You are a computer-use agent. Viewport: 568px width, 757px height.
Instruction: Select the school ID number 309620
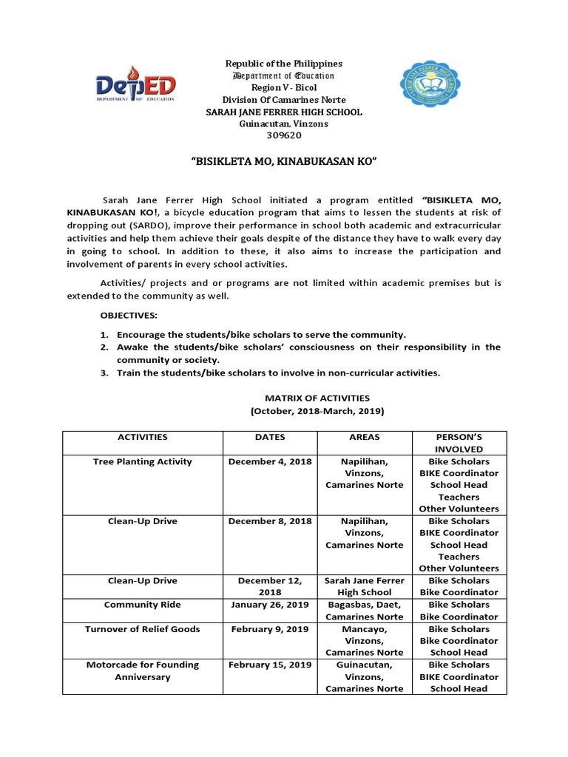pyautogui.click(x=283, y=135)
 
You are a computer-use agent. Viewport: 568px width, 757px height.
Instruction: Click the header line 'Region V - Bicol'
pyautogui.click(x=283, y=88)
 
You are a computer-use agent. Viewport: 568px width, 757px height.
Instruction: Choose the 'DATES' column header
pyautogui.click(x=269, y=437)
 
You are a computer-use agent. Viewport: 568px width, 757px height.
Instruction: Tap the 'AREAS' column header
pyautogui.click(x=364, y=437)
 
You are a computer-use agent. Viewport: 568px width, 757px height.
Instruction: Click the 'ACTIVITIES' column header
pyautogui.click(x=142, y=437)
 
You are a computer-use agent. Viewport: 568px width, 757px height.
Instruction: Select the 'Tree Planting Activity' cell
pyautogui.click(x=142, y=461)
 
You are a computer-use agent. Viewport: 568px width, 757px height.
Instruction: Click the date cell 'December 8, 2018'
pyautogui.click(x=269, y=521)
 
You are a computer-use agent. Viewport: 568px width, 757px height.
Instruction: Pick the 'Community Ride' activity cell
pyautogui.click(x=142, y=605)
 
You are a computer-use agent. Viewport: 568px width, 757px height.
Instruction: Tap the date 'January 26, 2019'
pyautogui.click(x=269, y=605)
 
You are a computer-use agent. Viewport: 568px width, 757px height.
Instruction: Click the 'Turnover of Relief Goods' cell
pyautogui.click(x=142, y=629)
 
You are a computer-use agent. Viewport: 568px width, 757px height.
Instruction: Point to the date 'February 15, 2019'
pyautogui.click(x=269, y=665)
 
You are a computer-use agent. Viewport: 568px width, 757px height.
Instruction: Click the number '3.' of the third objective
pyautogui.click(x=104, y=373)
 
